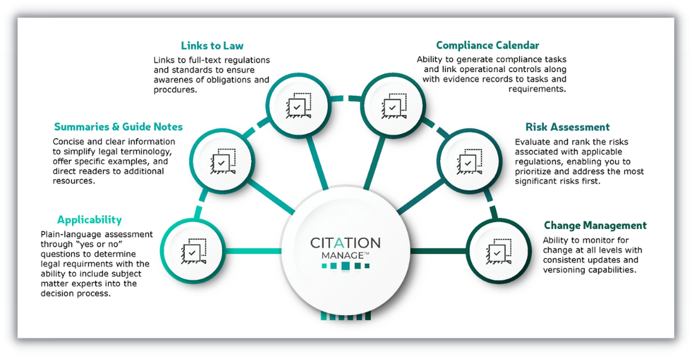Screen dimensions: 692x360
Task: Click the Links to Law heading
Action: pyautogui.click(x=212, y=46)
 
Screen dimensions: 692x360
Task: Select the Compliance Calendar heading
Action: pyautogui.click(x=487, y=46)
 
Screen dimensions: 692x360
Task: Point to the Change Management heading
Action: pyautogui.click(x=595, y=225)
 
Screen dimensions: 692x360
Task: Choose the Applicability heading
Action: pyautogui.click(x=89, y=219)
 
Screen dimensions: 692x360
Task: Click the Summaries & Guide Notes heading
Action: pyautogui.click(x=118, y=127)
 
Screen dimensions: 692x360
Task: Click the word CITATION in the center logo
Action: pyautogui.click(x=345, y=243)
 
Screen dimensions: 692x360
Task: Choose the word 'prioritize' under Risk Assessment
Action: pyautogui.click(x=536, y=171)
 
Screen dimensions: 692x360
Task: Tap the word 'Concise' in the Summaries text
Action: pyautogui.click(x=70, y=141)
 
